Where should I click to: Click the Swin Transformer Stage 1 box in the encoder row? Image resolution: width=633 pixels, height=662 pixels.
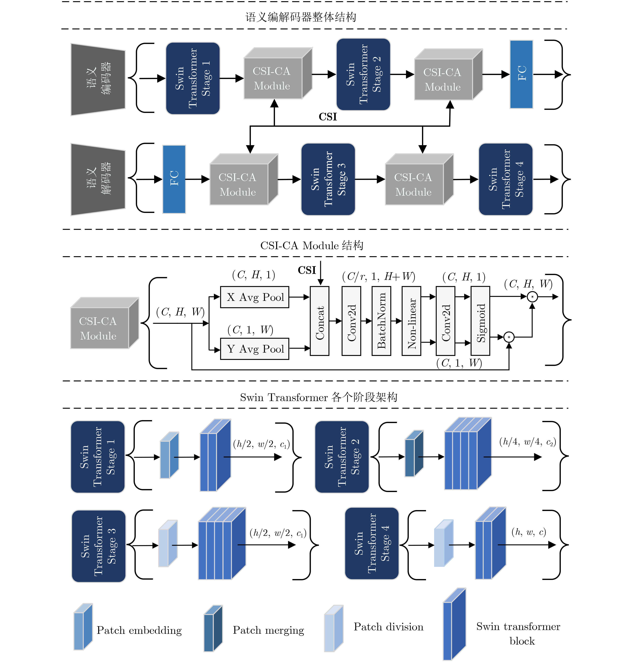point(193,78)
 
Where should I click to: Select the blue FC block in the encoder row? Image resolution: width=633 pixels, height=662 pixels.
point(521,74)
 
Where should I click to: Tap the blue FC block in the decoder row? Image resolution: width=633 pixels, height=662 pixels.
point(174,179)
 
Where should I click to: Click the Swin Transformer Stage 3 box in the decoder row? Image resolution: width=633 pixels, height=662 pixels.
point(328,179)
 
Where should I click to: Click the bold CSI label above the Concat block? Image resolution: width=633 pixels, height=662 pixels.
point(307,270)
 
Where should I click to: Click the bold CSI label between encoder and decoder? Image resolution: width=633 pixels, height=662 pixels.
point(328,117)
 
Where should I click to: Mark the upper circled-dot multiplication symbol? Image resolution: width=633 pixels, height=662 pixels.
point(532,297)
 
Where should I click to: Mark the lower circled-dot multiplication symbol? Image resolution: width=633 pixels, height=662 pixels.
point(509,337)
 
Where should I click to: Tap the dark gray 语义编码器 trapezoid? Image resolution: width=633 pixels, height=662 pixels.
point(98,79)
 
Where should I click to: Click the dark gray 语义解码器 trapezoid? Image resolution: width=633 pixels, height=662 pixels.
point(98,179)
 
